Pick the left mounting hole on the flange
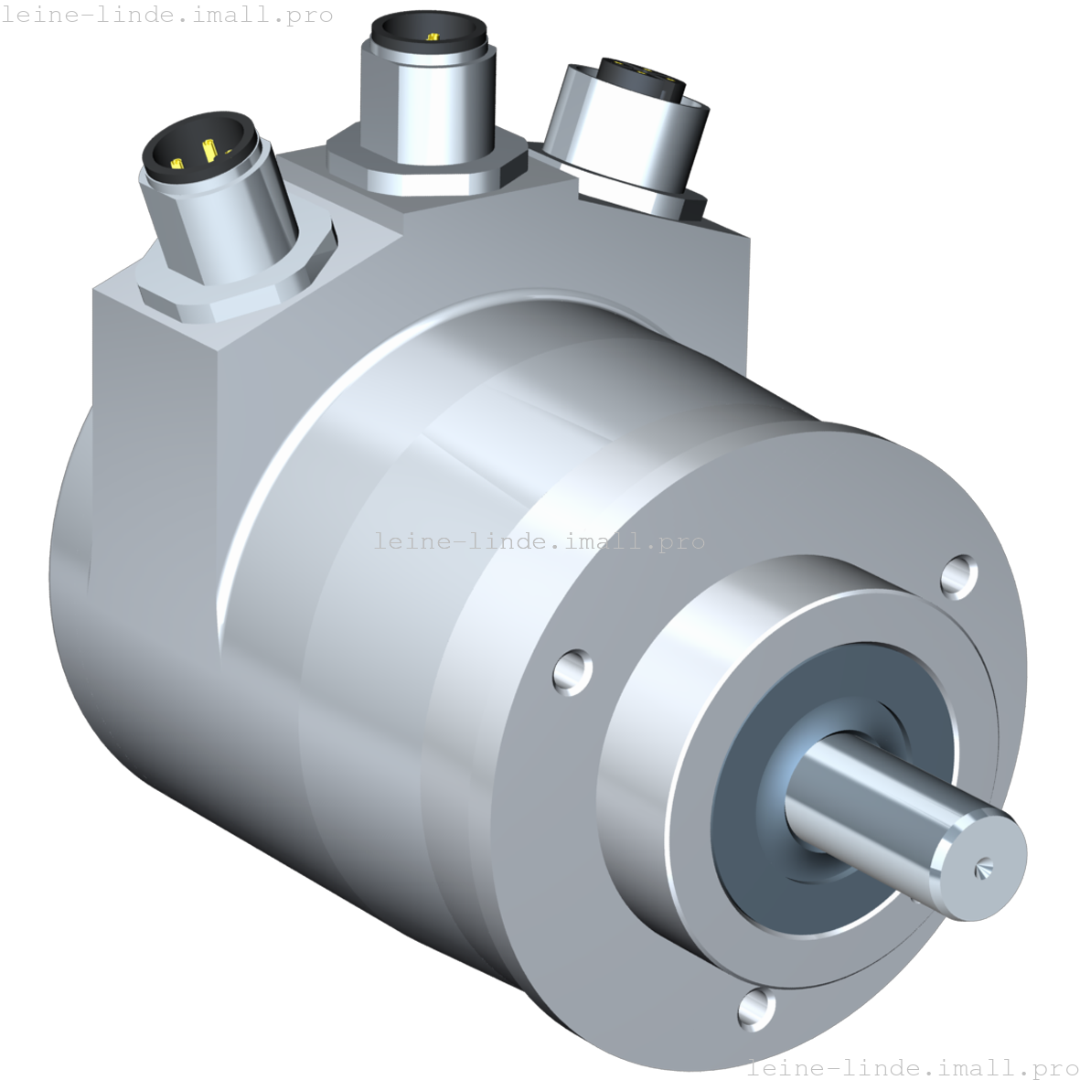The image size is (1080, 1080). point(573,669)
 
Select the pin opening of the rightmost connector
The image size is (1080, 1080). point(645,79)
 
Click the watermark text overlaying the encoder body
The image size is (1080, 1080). point(540,541)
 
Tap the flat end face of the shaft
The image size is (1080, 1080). point(978,860)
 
